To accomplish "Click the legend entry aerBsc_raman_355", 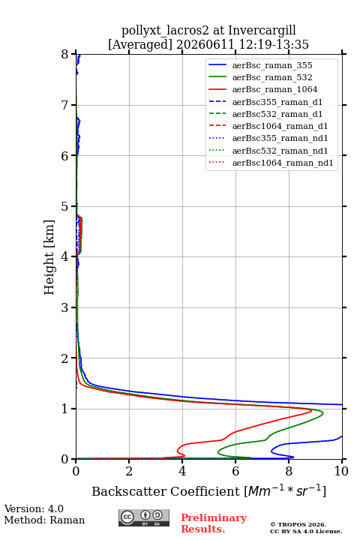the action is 272,65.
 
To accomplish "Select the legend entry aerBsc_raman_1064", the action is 275,89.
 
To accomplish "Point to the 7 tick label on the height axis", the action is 65,105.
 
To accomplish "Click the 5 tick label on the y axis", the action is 65,206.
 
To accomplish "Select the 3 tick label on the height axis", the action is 65,307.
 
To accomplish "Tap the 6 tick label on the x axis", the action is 235,471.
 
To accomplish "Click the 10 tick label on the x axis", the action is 341,471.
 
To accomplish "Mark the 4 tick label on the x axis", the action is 182,471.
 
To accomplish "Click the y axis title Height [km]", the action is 49,257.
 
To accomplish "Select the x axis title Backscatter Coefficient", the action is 166,491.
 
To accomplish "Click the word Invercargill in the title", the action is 262,31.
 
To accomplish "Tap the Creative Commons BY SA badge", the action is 144,517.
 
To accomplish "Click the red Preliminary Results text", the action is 214,523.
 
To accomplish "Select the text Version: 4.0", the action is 34,508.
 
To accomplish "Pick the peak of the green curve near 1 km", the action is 322,413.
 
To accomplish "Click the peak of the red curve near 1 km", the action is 311,410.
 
